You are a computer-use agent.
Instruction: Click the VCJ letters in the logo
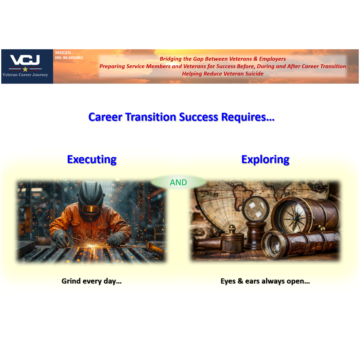[x=25, y=60]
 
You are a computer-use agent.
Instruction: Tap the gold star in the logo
[x=25, y=69]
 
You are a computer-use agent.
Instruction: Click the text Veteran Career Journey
[x=25, y=75]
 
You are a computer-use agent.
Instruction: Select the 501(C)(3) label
[x=63, y=53]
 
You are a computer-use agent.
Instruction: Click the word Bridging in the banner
[x=170, y=59]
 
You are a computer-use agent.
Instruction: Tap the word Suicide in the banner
[x=254, y=74]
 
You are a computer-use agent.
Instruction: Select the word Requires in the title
[x=244, y=117]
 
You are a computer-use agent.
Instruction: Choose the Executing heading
[x=92, y=159]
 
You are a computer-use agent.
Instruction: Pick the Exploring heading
[x=265, y=159]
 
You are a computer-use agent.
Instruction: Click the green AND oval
[x=178, y=182]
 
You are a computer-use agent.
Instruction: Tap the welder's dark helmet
[x=90, y=198]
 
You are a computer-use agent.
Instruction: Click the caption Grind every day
[x=91, y=281]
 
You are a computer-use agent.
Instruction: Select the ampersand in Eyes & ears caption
[x=240, y=281]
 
